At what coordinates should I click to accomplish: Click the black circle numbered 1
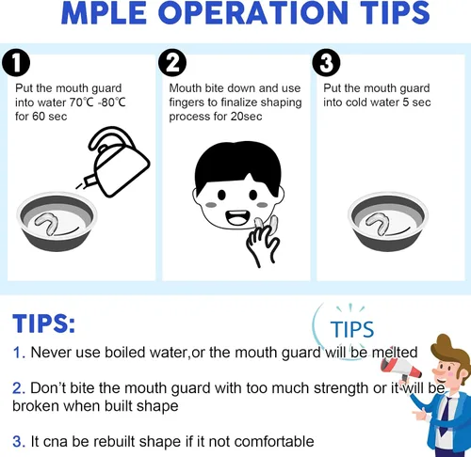click(16, 63)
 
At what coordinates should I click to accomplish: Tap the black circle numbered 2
click(172, 63)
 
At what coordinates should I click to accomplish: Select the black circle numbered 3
click(326, 63)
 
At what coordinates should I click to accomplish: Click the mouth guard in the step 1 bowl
click(47, 223)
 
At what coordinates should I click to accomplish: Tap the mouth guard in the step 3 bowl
click(378, 223)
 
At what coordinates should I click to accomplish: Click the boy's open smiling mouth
click(238, 217)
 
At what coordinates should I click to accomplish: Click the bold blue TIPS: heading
click(44, 323)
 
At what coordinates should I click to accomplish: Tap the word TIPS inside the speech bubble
click(352, 329)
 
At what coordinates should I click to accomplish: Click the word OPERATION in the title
click(255, 13)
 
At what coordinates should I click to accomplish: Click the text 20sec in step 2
click(246, 117)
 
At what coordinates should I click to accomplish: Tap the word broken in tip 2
click(36, 406)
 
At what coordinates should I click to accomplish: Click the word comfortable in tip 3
click(274, 441)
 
